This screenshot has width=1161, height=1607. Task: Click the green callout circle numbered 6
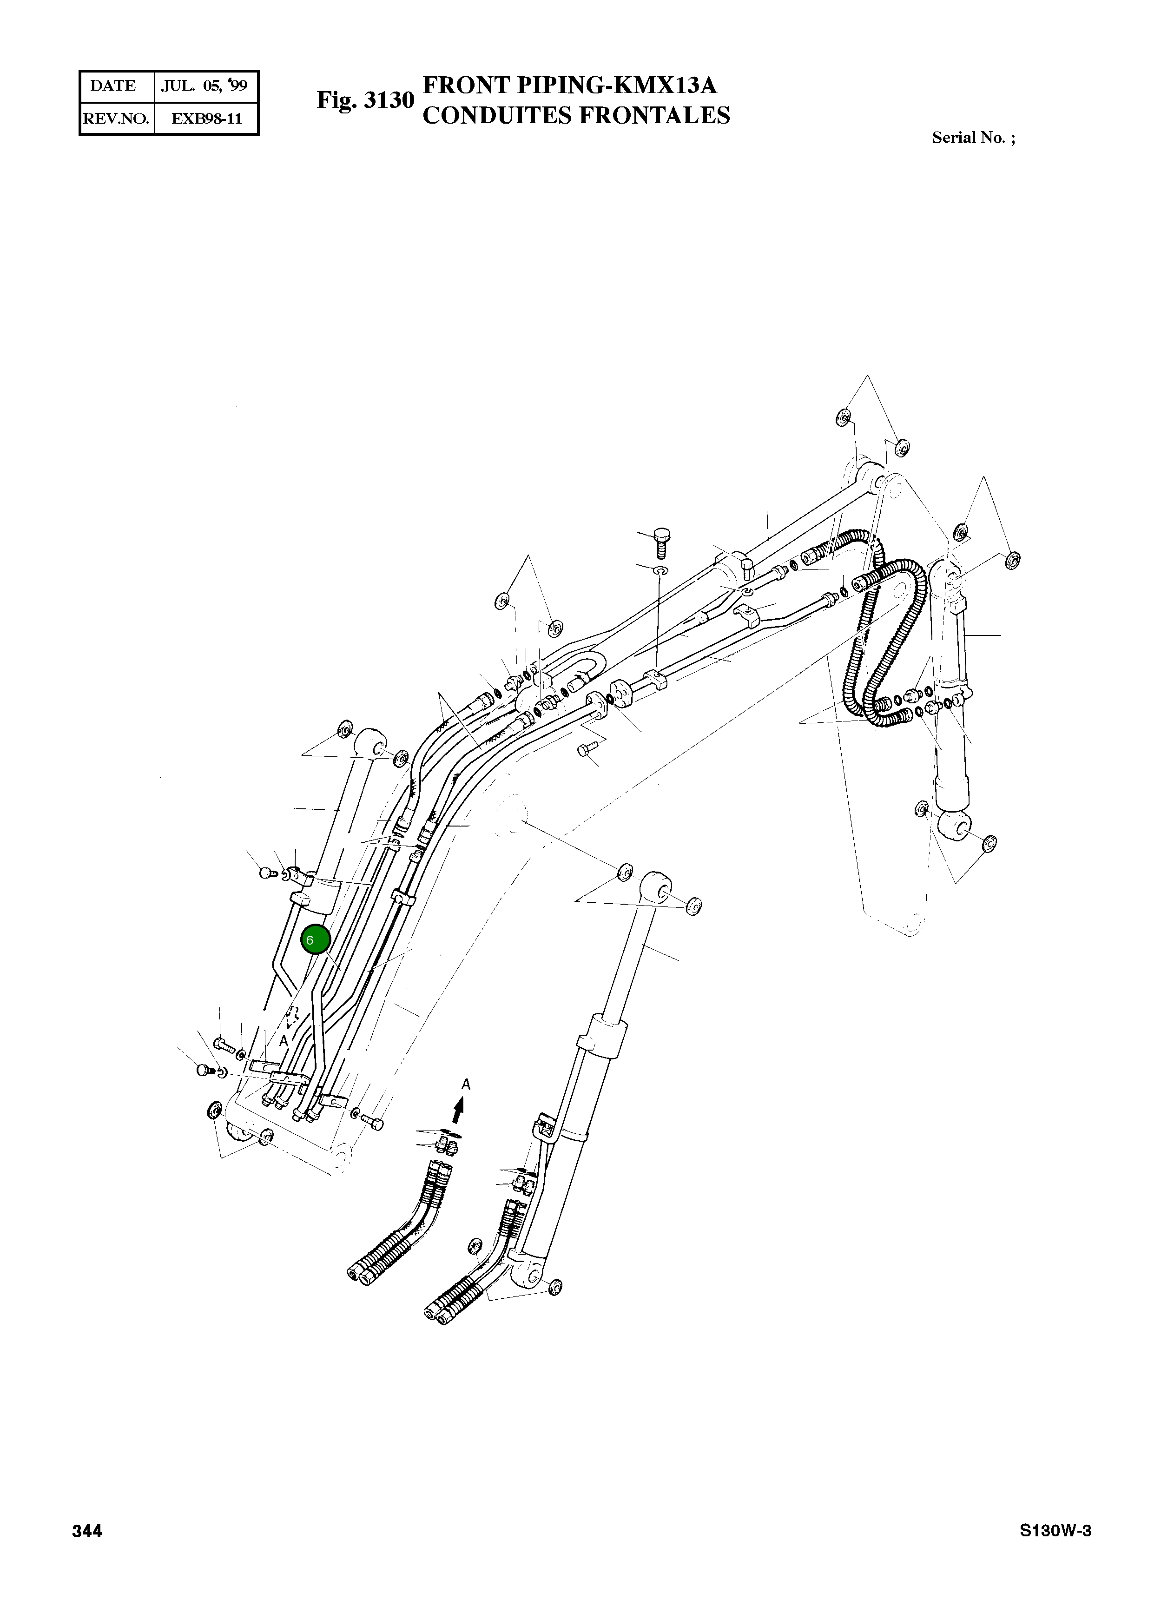point(316,940)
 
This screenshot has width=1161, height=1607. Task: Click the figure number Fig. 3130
point(365,100)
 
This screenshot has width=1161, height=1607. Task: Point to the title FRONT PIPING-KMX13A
point(569,85)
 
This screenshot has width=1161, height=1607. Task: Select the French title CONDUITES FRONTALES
point(576,115)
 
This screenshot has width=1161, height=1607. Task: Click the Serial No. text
point(973,138)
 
